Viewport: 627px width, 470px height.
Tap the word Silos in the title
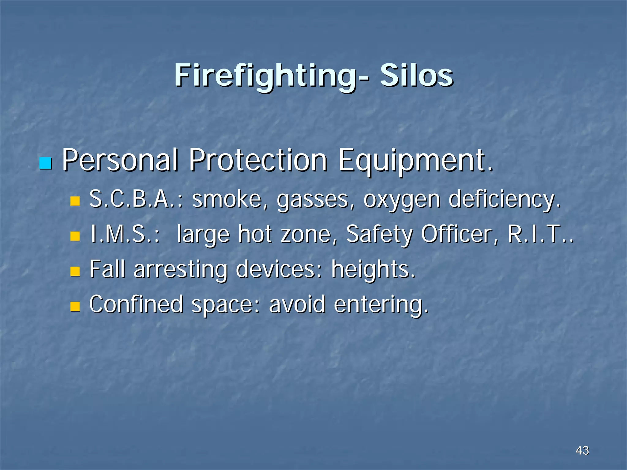coord(416,76)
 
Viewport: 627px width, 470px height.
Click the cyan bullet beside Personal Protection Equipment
coord(46,163)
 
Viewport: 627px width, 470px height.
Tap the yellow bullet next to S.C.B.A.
coord(75,201)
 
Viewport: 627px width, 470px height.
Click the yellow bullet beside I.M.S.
coord(75,236)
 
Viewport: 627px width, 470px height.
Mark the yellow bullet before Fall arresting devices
coord(75,271)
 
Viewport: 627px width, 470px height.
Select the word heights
coord(373,270)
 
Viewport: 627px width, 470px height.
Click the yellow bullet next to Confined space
coord(75,306)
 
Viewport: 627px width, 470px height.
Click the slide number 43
coord(582,450)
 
